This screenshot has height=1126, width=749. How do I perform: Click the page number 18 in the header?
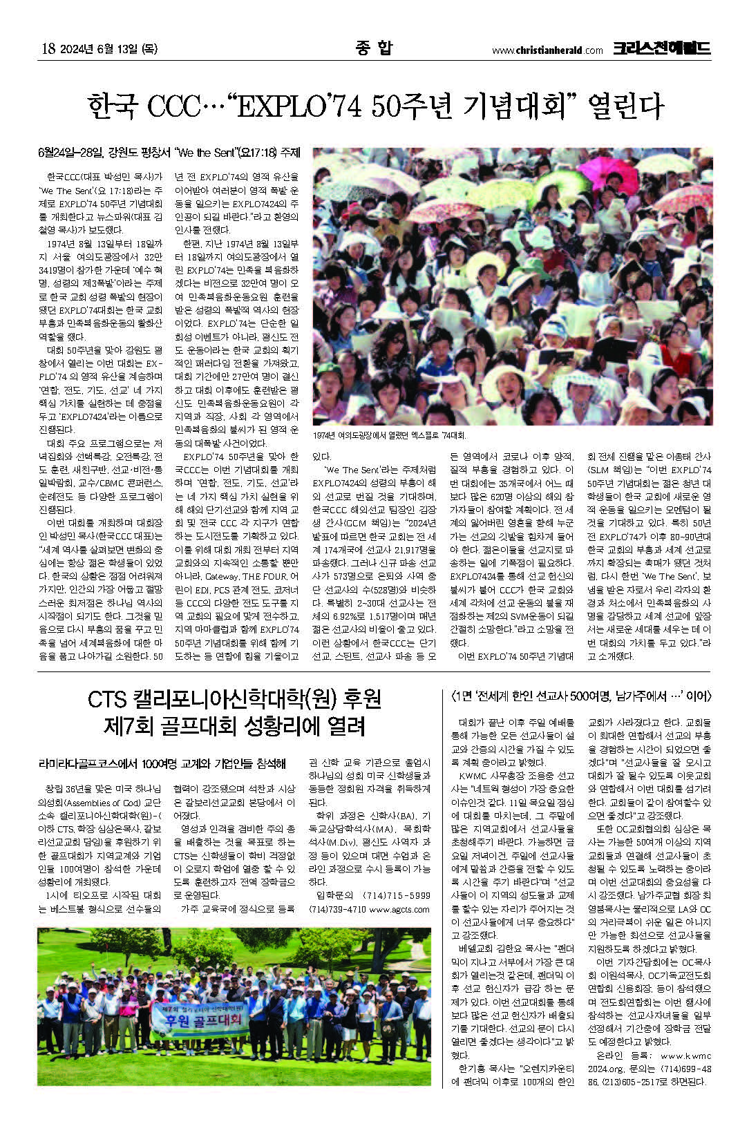48,49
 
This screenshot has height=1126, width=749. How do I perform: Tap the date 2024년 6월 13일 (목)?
111,49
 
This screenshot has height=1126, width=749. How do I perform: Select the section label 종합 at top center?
374,48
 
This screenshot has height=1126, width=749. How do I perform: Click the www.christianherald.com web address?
547,50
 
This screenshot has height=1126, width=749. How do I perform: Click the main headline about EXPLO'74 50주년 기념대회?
374,106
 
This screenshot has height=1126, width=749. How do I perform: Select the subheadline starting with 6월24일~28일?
169,152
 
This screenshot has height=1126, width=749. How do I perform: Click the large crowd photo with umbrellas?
512,285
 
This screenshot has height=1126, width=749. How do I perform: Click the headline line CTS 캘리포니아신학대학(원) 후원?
235,699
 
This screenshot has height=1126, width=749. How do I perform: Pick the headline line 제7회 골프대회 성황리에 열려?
235,726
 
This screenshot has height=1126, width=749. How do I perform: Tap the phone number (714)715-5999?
392,896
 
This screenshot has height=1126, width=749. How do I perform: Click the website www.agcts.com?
399,910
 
